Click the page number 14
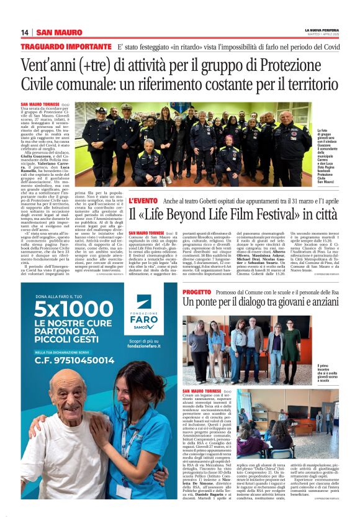point(25,32)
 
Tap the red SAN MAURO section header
point(60,32)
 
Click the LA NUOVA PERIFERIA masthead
point(321,29)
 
